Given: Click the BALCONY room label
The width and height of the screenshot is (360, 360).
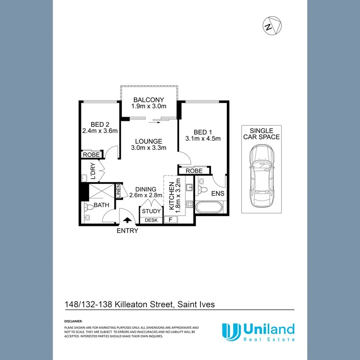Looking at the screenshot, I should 149,100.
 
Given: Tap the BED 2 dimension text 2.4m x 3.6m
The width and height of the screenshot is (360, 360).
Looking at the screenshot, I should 100,130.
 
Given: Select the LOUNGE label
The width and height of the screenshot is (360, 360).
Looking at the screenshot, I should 148,141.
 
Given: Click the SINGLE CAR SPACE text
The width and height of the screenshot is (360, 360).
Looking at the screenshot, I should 261,134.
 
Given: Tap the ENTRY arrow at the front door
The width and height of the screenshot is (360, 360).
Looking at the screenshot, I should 128,220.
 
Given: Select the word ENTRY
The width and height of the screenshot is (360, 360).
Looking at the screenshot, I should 128,231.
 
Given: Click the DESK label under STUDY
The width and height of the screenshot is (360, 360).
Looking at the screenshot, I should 151,220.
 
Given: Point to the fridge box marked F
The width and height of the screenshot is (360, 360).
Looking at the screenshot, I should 171,220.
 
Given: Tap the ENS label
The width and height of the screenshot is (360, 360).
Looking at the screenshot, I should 217,194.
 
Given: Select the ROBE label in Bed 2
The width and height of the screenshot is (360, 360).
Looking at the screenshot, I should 92,154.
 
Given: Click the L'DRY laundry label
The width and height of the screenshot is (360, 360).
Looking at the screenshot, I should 92,171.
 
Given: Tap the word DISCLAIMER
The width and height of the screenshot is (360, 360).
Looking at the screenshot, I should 73,321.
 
